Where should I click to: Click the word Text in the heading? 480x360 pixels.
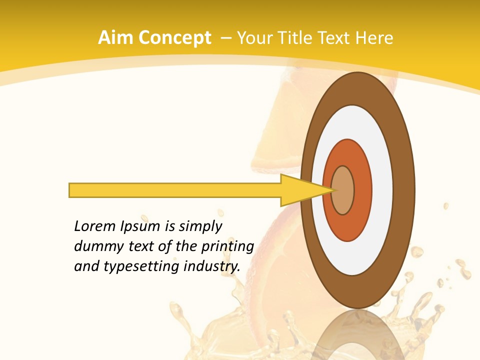coord(336,38)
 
